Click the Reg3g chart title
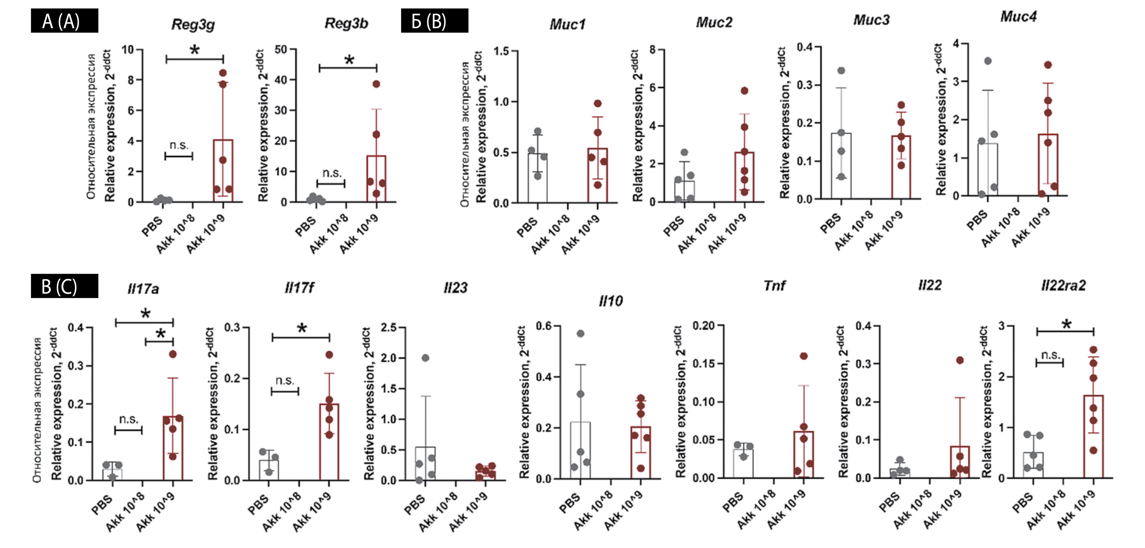point(193,24)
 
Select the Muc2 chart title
point(714,22)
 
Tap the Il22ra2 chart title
point(1063,285)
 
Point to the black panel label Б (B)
point(434,21)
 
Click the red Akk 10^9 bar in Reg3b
point(376,179)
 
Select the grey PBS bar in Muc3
point(841,166)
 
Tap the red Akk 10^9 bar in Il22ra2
point(1093,437)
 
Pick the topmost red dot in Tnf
point(804,356)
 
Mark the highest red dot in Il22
point(960,360)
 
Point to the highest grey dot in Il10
point(580,333)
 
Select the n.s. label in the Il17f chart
point(285,381)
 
